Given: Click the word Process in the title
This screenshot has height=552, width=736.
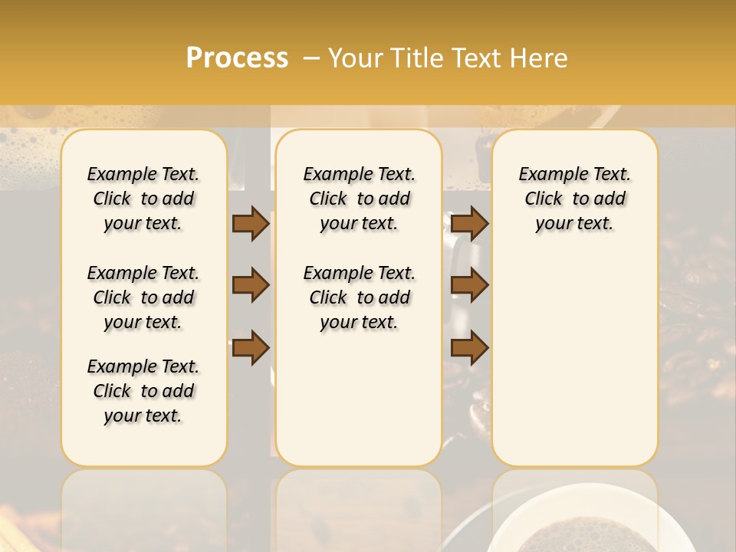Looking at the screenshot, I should tap(237, 58).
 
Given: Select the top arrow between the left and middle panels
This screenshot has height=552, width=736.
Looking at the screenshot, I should tap(251, 223).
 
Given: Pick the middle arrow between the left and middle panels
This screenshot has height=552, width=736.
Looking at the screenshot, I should tap(251, 285).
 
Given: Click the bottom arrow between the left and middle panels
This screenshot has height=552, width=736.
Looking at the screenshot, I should tap(251, 348).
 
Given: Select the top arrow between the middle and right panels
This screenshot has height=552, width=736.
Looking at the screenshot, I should tap(469, 223).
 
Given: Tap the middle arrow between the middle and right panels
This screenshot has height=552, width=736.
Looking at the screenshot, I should tap(469, 285).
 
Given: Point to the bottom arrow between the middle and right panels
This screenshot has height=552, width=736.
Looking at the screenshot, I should tap(469, 348).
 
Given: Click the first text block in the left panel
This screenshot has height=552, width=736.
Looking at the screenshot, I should tap(143, 199).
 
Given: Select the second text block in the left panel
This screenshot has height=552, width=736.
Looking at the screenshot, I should tap(143, 297).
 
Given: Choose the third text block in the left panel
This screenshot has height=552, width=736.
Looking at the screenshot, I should tap(143, 391).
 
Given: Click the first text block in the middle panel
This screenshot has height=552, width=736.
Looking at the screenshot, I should tap(359, 199).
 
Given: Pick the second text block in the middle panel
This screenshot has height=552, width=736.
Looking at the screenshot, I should tap(359, 297).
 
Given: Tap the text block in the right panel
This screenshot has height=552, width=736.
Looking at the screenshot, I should tap(574, 199).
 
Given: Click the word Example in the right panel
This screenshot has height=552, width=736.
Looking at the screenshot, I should tap(547, 175).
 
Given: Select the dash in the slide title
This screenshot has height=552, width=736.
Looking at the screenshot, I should tap(311, 58).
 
